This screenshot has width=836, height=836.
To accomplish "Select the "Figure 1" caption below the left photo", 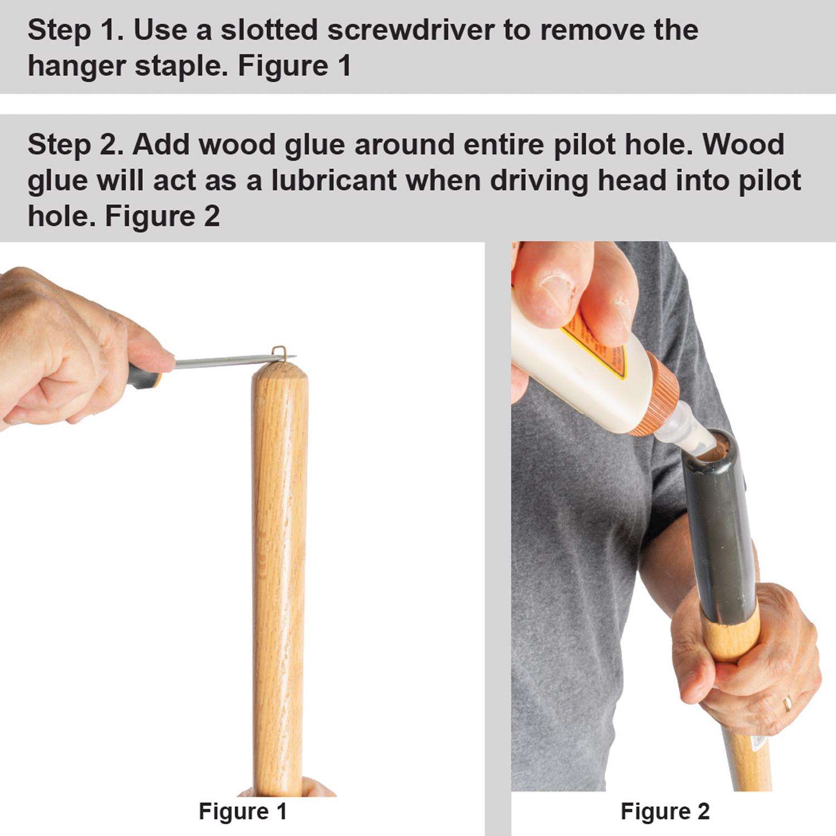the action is click(243, 811).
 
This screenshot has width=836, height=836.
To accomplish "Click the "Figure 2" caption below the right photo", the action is click(665, 811).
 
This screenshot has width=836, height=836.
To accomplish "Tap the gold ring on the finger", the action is click(788, 703).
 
